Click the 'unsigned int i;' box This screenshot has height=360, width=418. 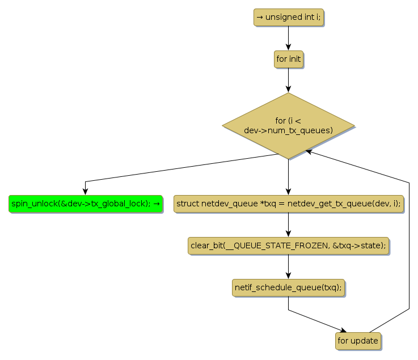coord(288,17)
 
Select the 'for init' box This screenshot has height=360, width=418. coord(288,59)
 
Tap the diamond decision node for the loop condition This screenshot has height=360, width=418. coord(288,125)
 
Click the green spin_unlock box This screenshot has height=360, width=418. coord(85,203)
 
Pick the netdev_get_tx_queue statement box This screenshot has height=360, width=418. coord(288,203)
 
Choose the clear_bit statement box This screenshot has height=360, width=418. coord(288,245)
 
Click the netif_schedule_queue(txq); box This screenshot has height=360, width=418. coord(288,287)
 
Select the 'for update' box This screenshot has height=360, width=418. coord(358,341)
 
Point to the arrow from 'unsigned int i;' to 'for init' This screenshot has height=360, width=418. coord(288,38)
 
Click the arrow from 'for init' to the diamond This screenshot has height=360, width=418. coord(288,80)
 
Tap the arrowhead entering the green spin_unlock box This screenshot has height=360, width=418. coord(85,192)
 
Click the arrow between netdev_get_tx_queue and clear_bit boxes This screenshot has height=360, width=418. coord(288,225)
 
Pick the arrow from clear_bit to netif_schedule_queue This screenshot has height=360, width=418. coord(288,266)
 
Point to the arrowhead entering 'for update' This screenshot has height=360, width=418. coord(342,331)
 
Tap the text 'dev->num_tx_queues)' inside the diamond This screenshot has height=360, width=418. coord(288,130)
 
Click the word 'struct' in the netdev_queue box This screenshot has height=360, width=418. coord(188,203)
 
